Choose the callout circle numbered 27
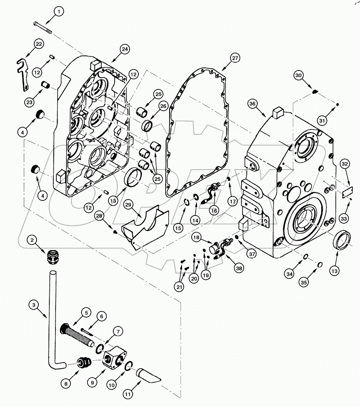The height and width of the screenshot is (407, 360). click(235, 59)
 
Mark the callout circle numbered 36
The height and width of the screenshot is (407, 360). click(252, 104)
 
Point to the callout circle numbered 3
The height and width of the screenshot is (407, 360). click(33, 304)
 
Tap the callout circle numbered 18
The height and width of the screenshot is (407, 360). click(197, 237)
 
